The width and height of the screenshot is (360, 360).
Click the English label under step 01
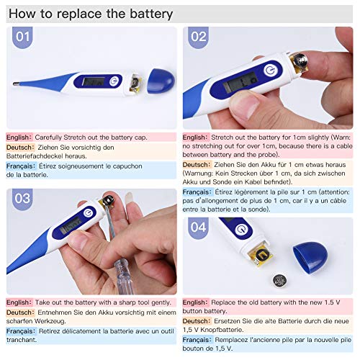[x=19, y=136]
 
